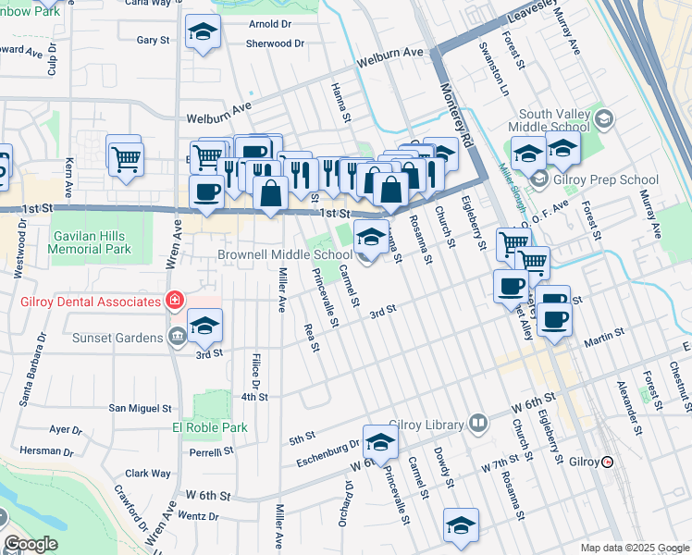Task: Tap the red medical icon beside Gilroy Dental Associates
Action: click(x=173, y=301)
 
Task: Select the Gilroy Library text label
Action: click(x=426, y=425)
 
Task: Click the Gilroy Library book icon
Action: click(x=478, y=425)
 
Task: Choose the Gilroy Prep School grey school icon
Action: click(x=538, y=179)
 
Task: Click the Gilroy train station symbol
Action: click(x=607, y=462)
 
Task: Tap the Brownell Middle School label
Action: click(x=285, y=254)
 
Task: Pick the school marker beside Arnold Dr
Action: click(x=203, y=35)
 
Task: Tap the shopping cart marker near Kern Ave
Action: click(x=124, y=155)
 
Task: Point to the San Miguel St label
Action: click(x=141, y=407)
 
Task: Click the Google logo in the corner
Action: click(x=30, y=544)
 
